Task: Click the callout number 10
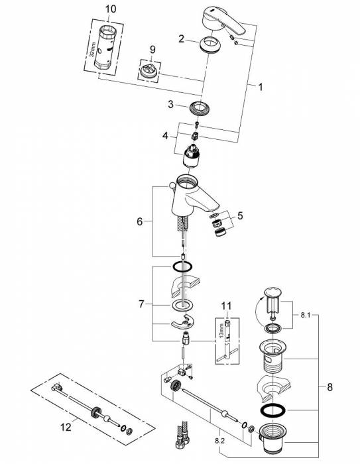pos(111,9)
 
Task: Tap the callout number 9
pos(152,50)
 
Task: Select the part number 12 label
pos(66,427)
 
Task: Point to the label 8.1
pos(305,315)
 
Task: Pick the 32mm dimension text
pos(93,50)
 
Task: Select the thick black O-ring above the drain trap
pos(272,410)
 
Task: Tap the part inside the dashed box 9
pos(149,71)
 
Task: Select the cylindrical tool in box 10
pos(104,48)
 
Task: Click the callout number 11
pos(226,306)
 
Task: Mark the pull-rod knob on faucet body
pos(172,186)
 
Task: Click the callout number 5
pos(240,215)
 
